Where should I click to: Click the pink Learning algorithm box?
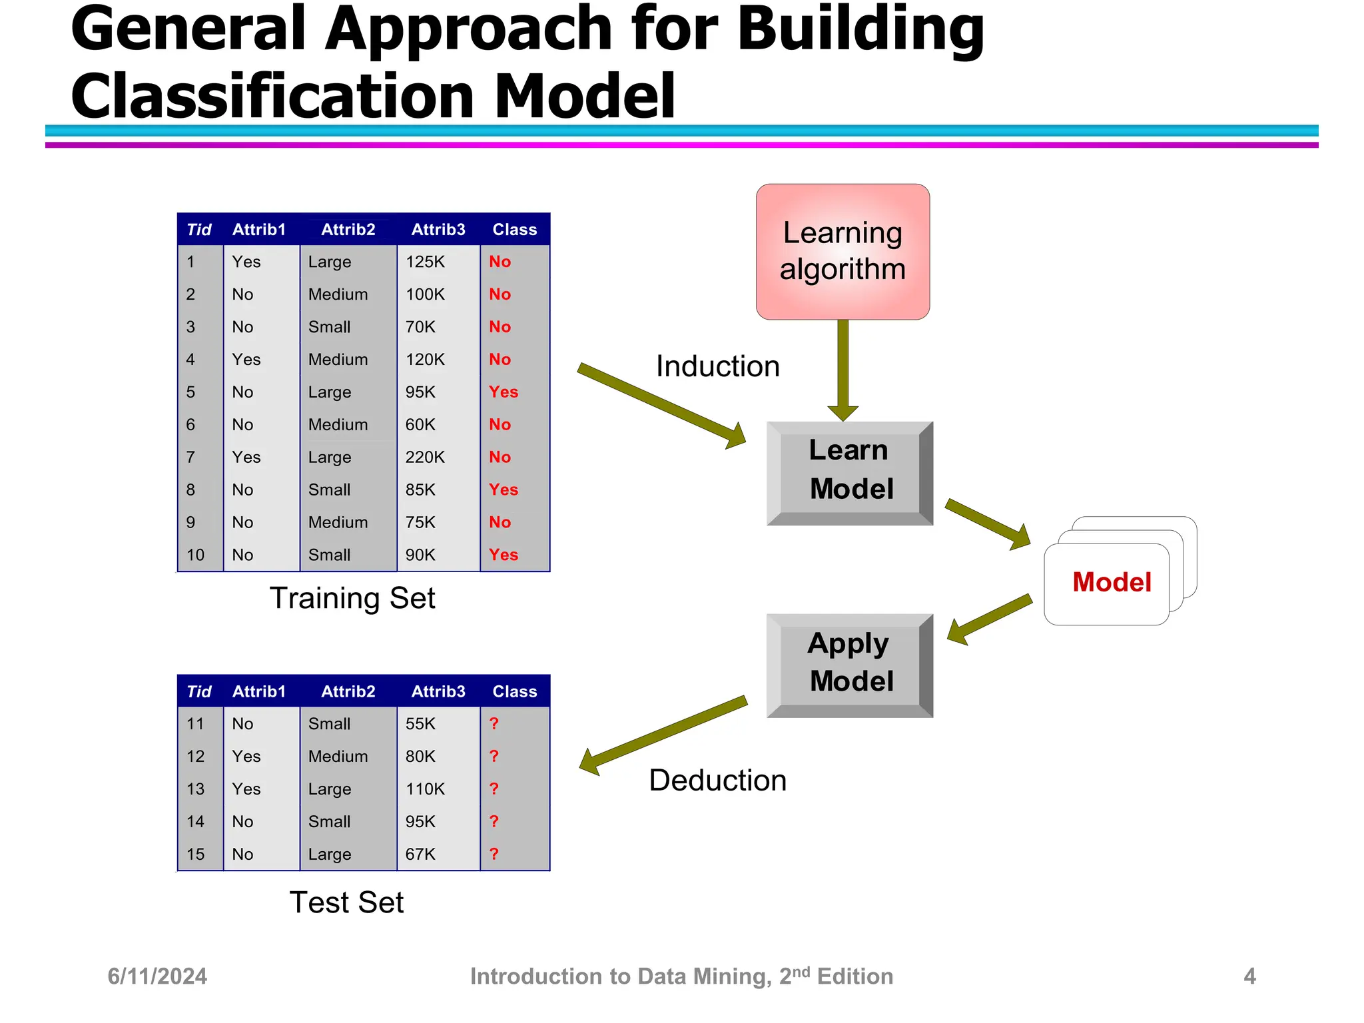(x=843, y=251)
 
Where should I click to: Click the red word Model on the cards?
(x=1111, y=582)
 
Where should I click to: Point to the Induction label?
(x=717, y=366)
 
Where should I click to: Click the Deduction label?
(x=717, y=780)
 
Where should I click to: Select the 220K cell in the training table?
(x=425, y=458)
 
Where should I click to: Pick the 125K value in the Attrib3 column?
(x=425, y=262)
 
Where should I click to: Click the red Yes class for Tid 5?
(x=503, y=392)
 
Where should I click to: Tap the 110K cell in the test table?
(x=425, y=789)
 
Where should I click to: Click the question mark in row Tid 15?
(x=494, y=854)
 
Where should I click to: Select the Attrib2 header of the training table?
(x=348, y=230)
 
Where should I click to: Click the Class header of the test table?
(x=514, y=692)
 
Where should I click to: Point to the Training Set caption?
(x=352, y=598)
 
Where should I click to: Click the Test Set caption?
(x=346, y=902)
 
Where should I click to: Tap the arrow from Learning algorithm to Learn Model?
(x=843, y=370)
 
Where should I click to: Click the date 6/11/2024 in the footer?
(x=157, y=976)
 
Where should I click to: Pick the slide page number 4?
(x=1249, y=976)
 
